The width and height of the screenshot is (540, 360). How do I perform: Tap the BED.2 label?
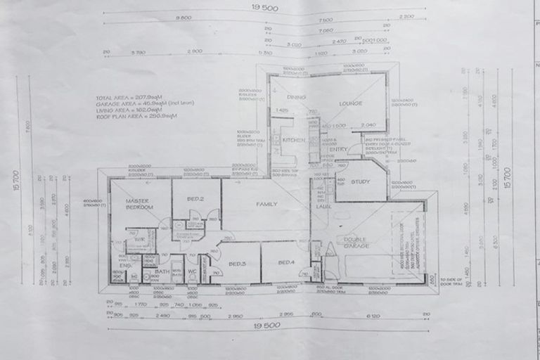pos(195,199)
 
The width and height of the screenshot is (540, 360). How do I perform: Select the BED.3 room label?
pos(236,264)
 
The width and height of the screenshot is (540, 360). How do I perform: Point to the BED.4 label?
pos(285,262)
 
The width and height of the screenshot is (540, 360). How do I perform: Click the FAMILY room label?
pos(266,204)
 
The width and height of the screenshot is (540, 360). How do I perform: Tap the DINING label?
pos(295,96)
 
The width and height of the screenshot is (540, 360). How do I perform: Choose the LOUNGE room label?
pos(350,103)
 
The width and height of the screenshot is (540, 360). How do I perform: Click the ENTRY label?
pos(338,148)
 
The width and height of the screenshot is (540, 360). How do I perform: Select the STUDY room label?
pos(361,181)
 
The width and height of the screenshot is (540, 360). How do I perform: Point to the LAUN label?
pos(323,206)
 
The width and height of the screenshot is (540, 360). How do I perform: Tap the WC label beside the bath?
pos(192,271)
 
